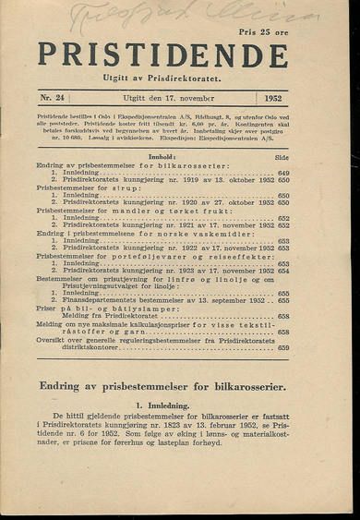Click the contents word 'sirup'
click(x=134, y=188)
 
